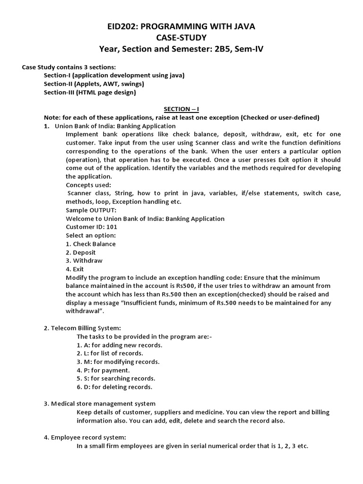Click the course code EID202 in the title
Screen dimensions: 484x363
123,26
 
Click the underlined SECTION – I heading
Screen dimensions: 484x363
181,109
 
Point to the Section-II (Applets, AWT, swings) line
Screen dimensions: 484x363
94,84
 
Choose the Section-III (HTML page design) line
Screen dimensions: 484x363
90,92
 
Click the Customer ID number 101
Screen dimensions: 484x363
112,227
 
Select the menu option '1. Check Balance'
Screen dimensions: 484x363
91,244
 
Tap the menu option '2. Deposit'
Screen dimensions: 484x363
81,252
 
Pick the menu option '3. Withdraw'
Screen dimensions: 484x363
84,260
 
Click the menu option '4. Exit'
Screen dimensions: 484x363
75,269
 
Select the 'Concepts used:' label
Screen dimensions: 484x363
88,185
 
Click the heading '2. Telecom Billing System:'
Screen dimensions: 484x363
82,328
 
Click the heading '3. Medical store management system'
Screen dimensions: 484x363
99,404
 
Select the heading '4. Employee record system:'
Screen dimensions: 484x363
85,437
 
